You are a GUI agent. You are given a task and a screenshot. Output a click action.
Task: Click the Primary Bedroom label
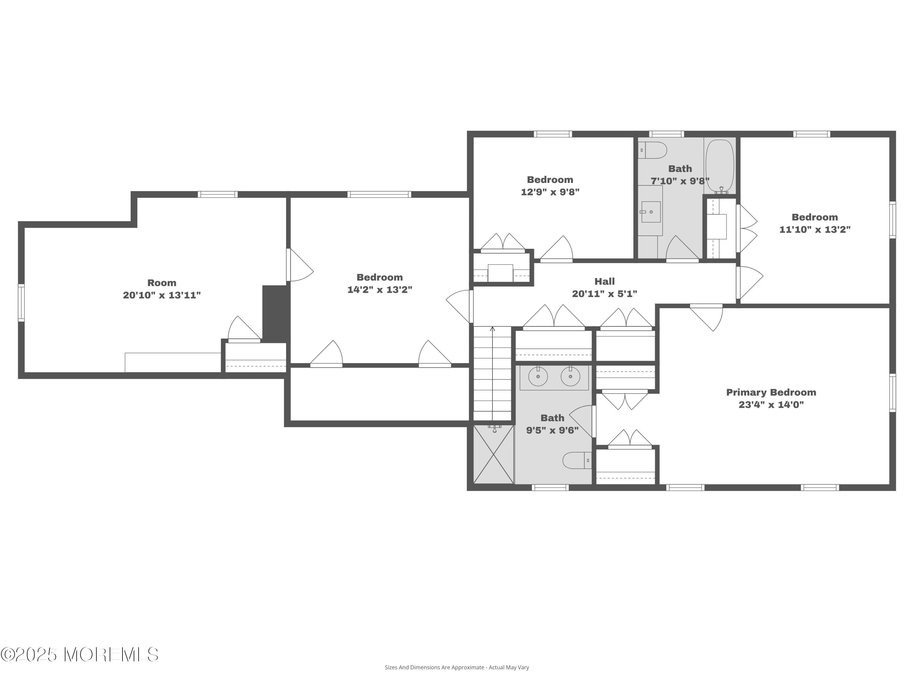[771, 392]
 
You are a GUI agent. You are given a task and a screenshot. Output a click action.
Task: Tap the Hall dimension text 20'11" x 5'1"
[604, 294]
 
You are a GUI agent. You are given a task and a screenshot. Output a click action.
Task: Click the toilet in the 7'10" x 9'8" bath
[653, 150]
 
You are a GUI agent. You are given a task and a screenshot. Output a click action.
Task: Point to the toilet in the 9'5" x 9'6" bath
[577, 460]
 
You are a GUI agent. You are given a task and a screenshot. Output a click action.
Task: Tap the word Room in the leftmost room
[161, 283]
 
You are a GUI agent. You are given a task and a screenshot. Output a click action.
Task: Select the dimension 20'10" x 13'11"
[161, 295]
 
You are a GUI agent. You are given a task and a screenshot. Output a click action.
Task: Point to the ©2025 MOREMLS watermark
[79, 655]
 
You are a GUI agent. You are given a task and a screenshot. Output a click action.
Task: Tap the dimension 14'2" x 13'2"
[380, 289]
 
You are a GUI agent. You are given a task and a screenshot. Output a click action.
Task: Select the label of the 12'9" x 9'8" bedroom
[550, 180]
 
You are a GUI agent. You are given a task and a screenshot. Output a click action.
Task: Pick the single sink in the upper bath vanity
[651, 212]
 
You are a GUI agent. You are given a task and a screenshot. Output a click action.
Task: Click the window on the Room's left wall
[21, 302]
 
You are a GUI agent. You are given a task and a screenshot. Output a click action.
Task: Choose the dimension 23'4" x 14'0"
[771, 404]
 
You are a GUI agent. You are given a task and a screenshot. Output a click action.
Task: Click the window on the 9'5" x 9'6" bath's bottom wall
[550, 488]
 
